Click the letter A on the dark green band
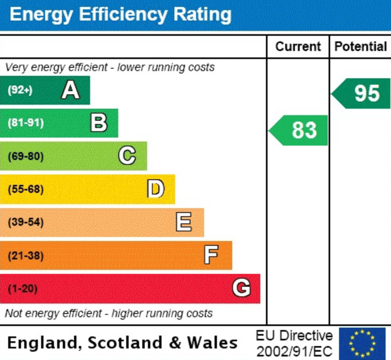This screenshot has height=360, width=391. tap(71, 91)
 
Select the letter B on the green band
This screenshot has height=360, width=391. tap(99, 123)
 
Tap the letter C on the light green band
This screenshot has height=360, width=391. tap(127, 156)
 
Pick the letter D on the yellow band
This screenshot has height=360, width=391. tap(156, 189)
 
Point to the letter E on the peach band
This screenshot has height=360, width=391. tap(184, 223)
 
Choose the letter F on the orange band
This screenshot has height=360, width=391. tap(212, 255)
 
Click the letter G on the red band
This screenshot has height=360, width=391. tap(241, 289)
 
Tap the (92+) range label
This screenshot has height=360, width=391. tap(20, 91)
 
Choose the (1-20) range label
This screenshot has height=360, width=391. tap(22, 289)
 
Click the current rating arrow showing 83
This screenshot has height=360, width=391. tap(299, 130)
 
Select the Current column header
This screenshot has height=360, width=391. tap(298, 47)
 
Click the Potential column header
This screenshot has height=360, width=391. tap(360, 47)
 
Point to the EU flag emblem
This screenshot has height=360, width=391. tap(362, 343)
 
